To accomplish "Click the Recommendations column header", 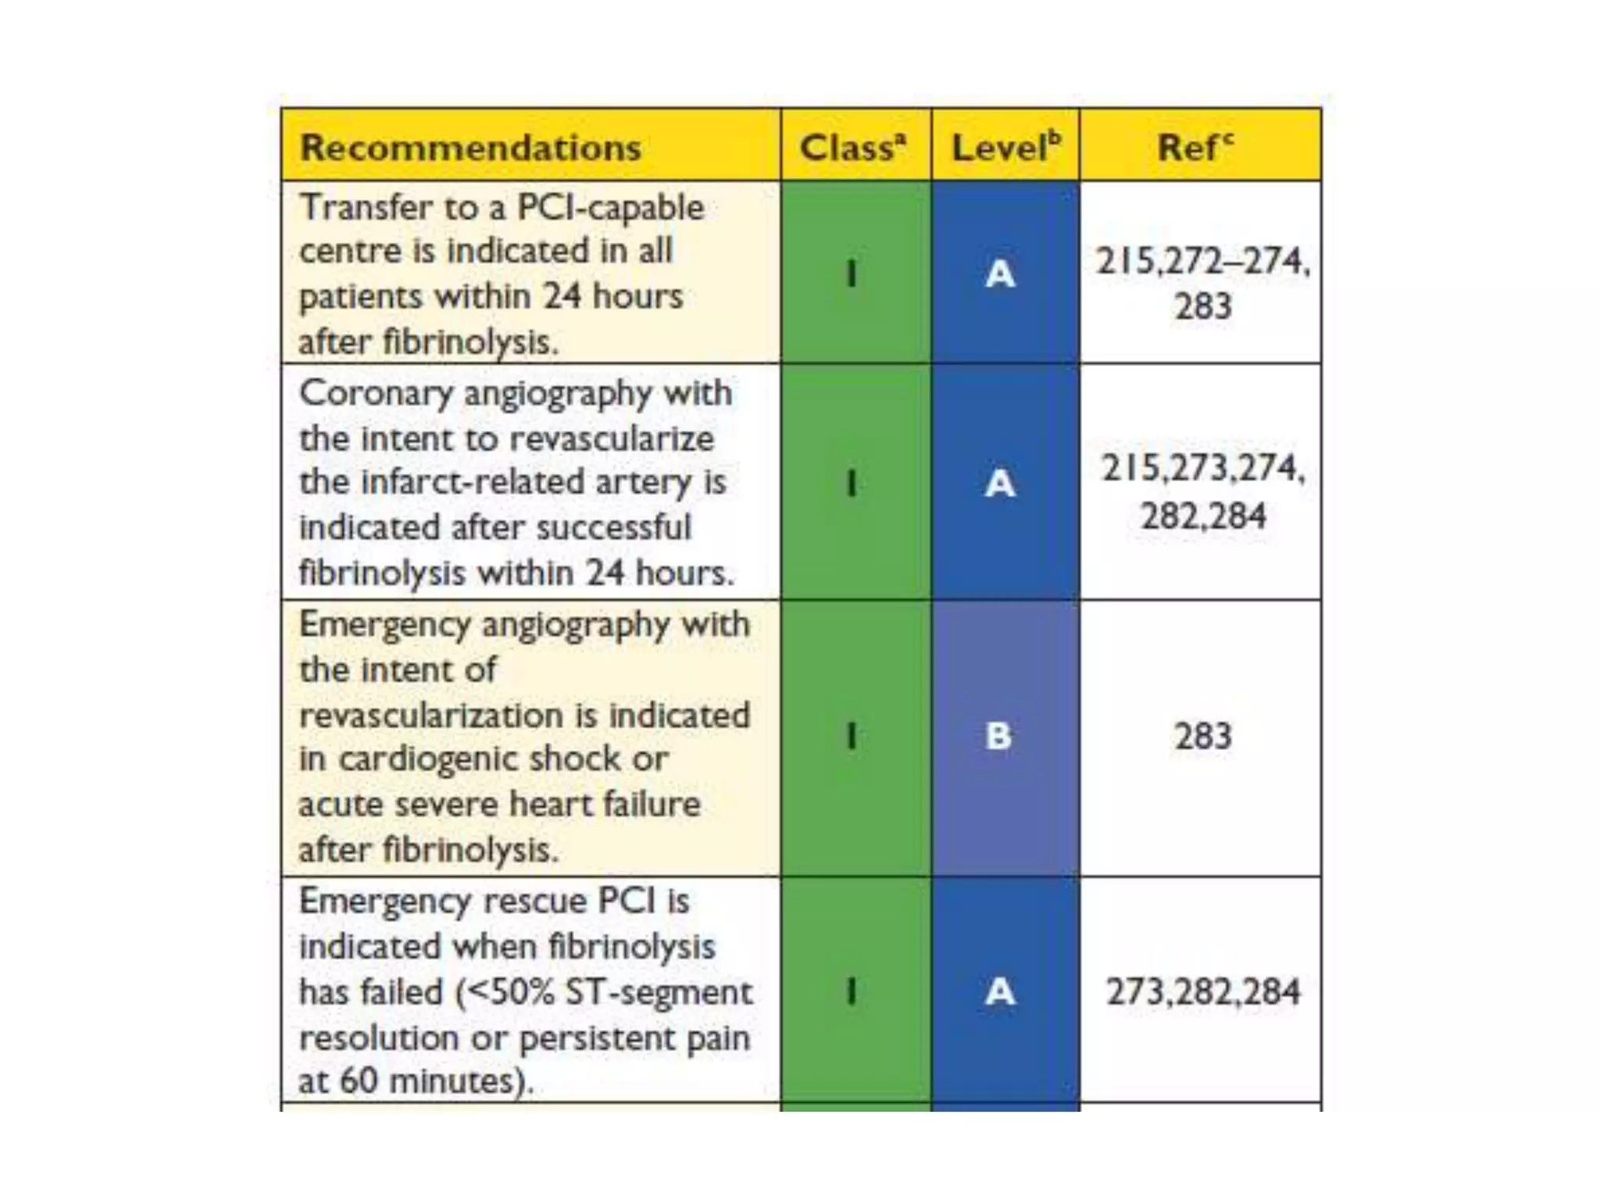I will pyautogui.click(x=470, y=148).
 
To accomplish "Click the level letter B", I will pyautogui.click(x=998, y=736).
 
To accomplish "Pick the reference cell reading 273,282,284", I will pyautogui.click(x=1203, y=991).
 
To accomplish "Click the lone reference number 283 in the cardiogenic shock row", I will pyautogui.click(x=1203, y=736).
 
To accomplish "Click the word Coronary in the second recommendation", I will pyautogui.click(x=376, y=393).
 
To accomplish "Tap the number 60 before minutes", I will pyautogui.click(x=359, y=1081).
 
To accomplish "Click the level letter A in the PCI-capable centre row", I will pyautogui.click(x=1000, y=273).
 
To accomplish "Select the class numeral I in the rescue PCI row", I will pyautogui.click(x=852, y=991).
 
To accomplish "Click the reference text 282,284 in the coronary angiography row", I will pyautogui.click(x=1203, y=516).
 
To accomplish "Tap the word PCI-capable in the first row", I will pyautogui.click(x=610, y=208).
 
